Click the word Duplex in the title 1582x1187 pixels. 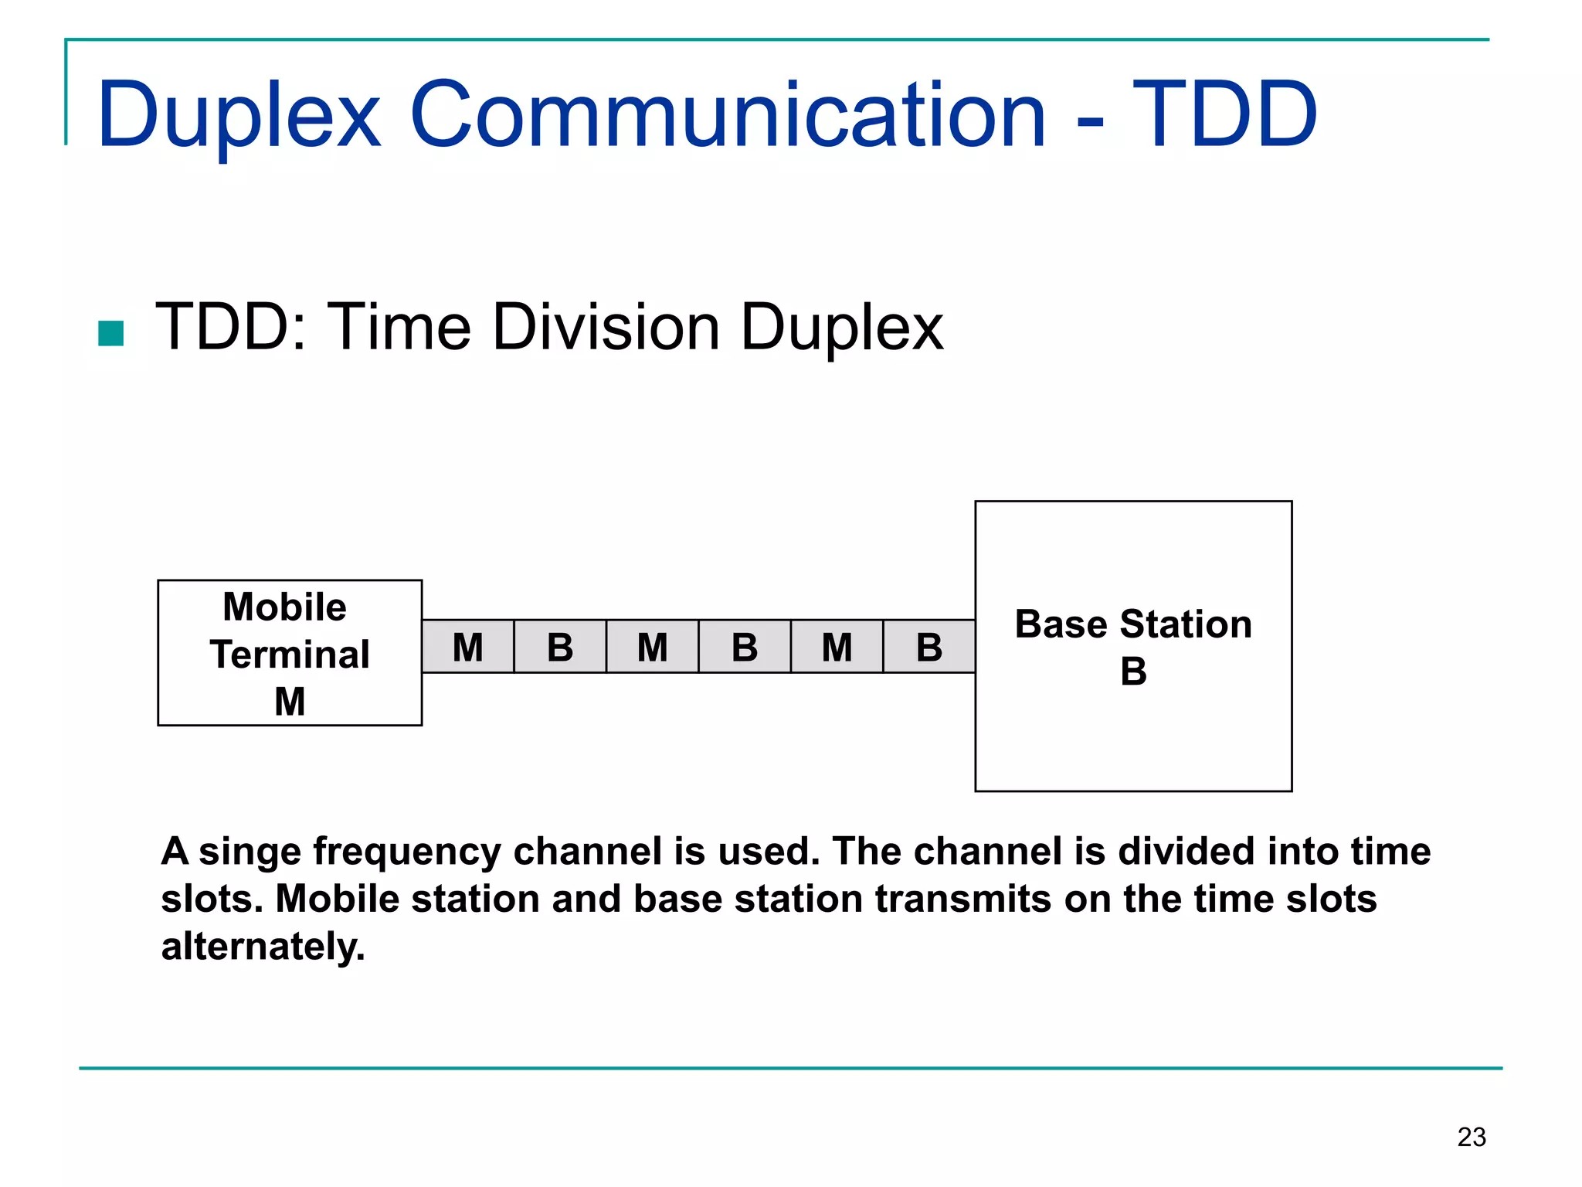click(239, 116)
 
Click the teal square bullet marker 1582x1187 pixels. click(111, 334)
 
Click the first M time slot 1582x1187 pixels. click(468, 647)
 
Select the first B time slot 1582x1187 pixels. click(560, 647)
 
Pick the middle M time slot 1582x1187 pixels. click(653, 647)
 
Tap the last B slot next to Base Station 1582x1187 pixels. click(929, 647)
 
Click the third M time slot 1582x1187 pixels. click(837, 647)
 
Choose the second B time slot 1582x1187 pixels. click(745, 647)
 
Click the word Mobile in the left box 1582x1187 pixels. click(284, 607)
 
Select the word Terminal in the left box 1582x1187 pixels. click(290, 655)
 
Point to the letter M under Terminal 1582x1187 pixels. click(290, 702)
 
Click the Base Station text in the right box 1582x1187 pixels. click(1133, 624)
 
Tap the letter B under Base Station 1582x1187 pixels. click(1133, 671)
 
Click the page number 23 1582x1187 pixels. click(1472, 1137)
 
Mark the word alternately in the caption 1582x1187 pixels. click(263, 947)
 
